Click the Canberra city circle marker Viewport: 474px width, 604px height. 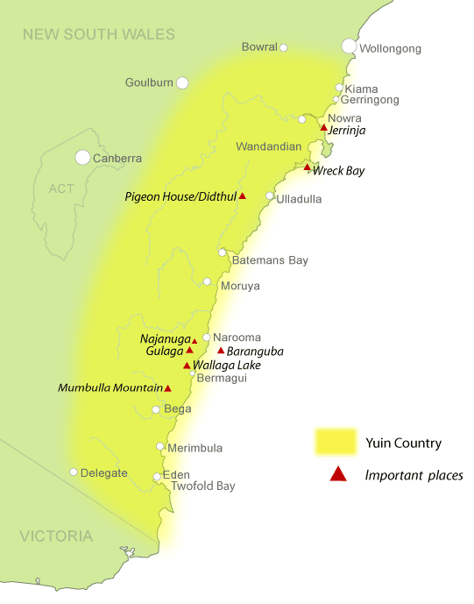82,158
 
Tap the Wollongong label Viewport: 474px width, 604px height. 390,48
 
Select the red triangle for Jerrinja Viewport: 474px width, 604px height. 324,128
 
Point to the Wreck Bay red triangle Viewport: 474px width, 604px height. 308,167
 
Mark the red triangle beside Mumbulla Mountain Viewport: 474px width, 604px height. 168,388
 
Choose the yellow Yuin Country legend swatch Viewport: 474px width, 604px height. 336,442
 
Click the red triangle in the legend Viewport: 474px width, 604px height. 336,475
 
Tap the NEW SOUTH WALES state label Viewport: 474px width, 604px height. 99,35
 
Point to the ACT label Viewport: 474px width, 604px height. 62,188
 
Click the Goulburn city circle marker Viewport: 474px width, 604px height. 182,83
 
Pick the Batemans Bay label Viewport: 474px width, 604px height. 270,260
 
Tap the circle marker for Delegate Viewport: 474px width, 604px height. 74,473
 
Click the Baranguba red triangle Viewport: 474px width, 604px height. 221,351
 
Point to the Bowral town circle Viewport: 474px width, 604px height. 284,47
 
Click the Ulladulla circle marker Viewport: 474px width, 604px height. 270,196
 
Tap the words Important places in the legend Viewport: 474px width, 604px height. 414,475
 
